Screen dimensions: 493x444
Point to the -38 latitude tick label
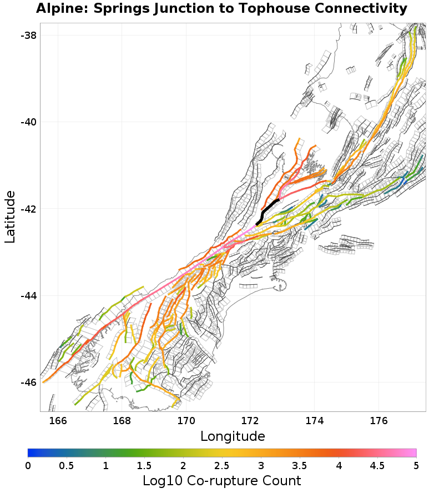point(28,35)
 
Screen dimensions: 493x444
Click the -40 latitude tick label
point(28,122)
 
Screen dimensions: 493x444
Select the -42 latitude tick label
point(28,209)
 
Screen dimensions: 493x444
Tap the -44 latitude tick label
point(28,295)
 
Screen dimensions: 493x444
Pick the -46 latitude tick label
point(28,383)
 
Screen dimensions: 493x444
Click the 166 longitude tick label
point(58,420)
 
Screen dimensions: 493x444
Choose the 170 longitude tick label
point(186,420)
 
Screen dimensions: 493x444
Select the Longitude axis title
point(233,436)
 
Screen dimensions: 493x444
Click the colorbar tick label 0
point(28,465)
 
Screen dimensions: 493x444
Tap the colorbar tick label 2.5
point(222,465)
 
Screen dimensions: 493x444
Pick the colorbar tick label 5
point(416,465)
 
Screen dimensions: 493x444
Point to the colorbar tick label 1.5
point(144,465)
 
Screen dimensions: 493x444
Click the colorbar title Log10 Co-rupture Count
point(222,480)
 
